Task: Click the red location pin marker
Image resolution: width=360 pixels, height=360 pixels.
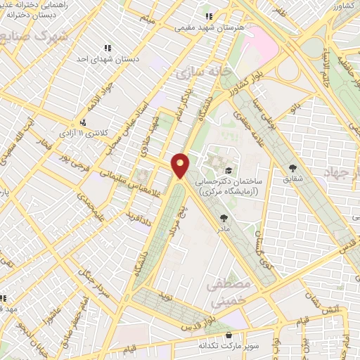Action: click(180, 165)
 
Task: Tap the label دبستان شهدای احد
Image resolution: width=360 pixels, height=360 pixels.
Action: click(108, 60)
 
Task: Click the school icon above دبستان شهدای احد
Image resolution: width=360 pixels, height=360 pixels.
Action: click(108, 48)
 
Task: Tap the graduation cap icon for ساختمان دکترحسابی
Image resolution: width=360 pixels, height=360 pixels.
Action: click(228, 170)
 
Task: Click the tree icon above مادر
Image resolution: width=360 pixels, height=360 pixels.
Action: click(224, 218)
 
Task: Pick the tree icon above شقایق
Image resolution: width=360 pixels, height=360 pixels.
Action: click(292, 167)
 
